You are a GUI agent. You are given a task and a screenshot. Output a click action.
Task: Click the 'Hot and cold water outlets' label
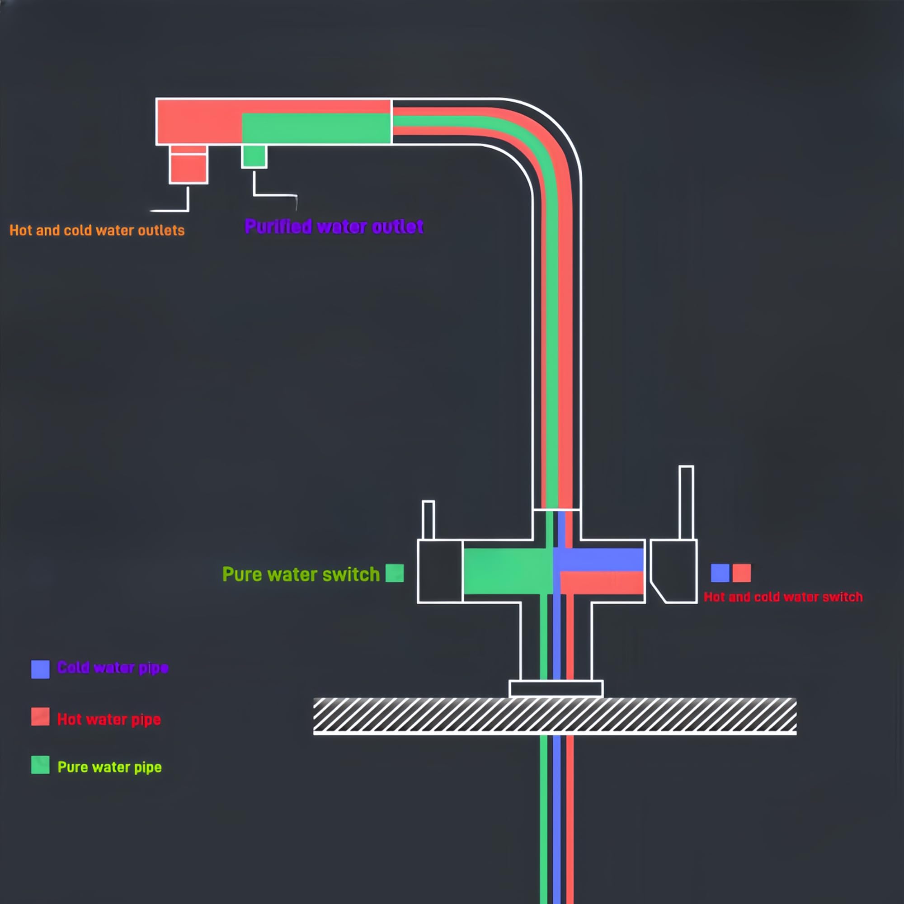[x=97, y=230]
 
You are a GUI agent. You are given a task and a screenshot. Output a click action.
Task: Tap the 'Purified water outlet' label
[x=334, y=227]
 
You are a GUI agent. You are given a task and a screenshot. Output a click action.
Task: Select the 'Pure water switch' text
[x=301, y=574]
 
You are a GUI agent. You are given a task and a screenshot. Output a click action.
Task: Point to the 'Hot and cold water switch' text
[x=783, y=597]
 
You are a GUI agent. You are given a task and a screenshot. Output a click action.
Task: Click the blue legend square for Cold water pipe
[x=40, y=669]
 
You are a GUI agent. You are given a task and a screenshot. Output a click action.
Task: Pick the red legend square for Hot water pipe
[x=40, y=716]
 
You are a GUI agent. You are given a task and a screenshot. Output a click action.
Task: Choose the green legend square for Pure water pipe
[x=40, y=765]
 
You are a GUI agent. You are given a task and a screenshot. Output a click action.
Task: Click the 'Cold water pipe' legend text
[x=112, y=668]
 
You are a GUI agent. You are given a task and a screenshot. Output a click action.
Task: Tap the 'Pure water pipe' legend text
[x=109, y=767]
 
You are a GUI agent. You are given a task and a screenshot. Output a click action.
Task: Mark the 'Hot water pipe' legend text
[x=109, y=719]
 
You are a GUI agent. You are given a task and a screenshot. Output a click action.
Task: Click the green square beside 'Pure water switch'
[x=395, y=573]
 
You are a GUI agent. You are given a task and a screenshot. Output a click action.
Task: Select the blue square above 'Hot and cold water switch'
[x=720, y=573]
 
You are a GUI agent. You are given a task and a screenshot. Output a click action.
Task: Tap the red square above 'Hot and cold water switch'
[x=742, y=573]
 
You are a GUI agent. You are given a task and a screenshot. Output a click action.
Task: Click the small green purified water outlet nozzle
[x=254, y=156]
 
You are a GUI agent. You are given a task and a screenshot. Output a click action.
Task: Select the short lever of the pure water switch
[x=428, y=520]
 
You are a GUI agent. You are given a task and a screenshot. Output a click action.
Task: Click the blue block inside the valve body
[x=598, y=560]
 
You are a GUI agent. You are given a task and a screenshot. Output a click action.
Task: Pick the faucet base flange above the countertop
[x=556, y=689]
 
